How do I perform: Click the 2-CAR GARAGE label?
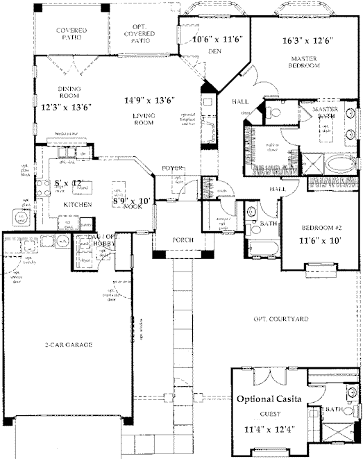68,344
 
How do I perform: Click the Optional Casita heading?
269,399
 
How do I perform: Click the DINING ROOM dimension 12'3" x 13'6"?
67,107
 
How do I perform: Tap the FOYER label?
171,168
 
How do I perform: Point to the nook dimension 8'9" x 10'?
132,201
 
